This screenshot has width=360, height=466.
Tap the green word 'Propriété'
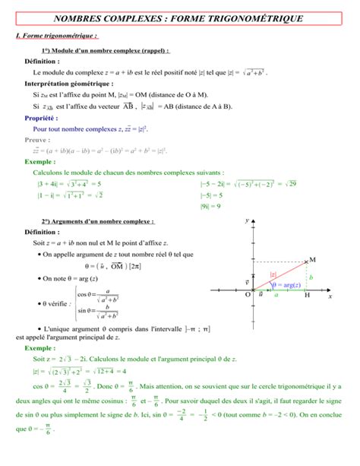[x=41, y=119]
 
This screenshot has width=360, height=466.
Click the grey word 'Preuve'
[x=37, y=140]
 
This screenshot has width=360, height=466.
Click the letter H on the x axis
[x=307, y=296]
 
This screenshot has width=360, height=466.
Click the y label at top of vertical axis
[x=247, y=220]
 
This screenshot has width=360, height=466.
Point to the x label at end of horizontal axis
[x=330, y=297]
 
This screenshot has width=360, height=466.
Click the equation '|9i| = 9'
[x=210, y=206]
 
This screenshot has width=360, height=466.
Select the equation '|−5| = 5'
[x=212, y=195]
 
